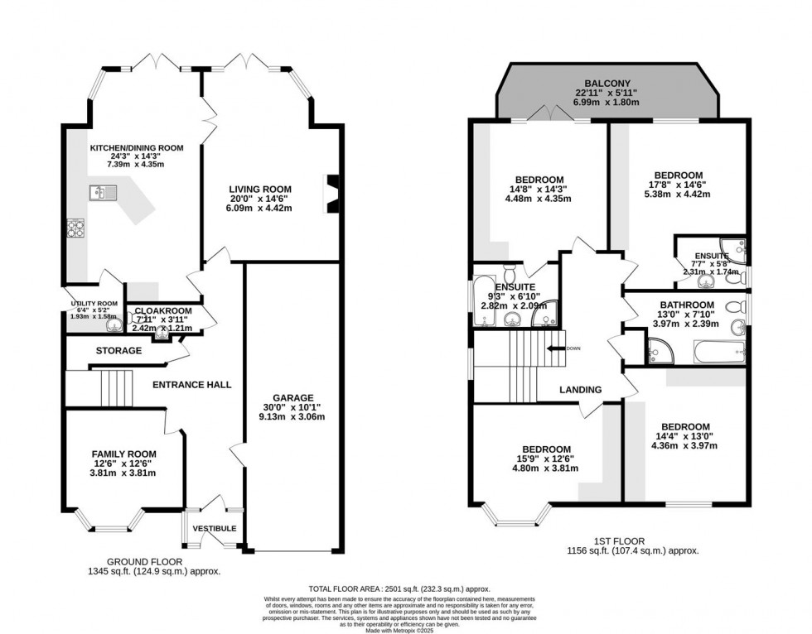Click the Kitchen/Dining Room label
137,148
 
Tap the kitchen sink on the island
99,194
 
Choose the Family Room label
123,454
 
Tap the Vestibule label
215,528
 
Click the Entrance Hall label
191,384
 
